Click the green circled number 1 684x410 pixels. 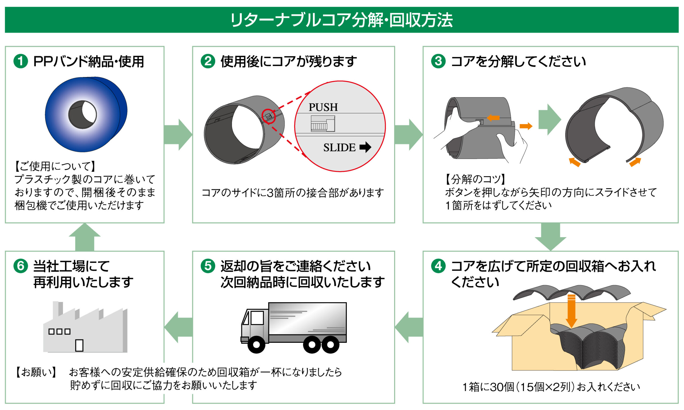[21, 61]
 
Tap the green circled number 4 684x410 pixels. [438, 266]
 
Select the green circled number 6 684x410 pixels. [21, 266]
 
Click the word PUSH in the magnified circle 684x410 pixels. [323, 107]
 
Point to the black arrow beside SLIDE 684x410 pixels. [365, 147]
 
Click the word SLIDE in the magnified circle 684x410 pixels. [340, 148]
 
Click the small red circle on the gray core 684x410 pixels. [269, 116]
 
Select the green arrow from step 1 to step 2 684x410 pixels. [178, 135]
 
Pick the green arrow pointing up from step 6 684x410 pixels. [84, 237]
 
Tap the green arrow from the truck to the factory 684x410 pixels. [178, 328]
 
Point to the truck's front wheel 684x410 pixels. [256, 344]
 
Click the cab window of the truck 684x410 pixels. [257, 318]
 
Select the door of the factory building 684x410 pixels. [79, 345]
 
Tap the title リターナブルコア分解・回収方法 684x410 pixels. [342, 20]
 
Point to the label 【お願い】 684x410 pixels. [36, 372]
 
